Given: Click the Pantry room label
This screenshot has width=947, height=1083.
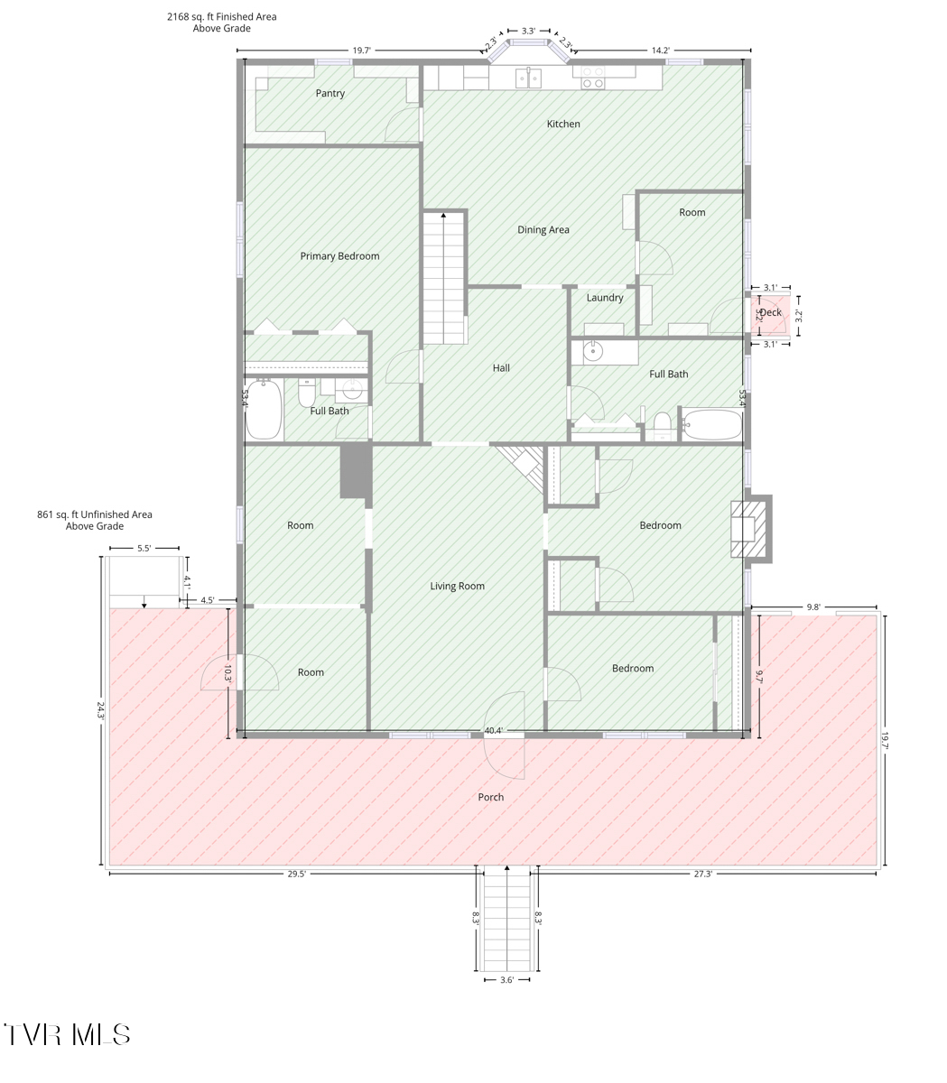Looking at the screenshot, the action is (330, 93).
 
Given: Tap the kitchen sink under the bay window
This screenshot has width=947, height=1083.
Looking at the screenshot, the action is (528, 78).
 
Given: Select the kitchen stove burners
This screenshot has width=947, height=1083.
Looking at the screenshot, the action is (593, 78).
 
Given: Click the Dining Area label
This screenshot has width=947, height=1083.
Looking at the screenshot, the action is (543, 230).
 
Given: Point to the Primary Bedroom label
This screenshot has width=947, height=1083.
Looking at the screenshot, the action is (339, 256).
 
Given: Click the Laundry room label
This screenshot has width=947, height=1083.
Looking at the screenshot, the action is (605, 298).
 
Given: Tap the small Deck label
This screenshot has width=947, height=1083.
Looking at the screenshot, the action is (771, 312).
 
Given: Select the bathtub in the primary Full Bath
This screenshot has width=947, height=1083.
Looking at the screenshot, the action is (264, 409).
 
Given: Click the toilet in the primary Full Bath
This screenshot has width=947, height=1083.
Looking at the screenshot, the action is (307, 393).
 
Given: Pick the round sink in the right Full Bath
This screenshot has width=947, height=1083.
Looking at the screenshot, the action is (593, 351).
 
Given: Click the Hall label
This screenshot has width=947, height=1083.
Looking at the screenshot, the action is (501, 368).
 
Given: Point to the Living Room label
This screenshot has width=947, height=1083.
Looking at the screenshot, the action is (457, 586).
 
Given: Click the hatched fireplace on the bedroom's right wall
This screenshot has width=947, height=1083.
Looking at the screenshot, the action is (748, 529).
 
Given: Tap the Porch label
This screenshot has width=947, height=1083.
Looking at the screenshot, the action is (491, 797).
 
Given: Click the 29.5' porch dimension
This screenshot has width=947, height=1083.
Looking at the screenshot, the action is (296, 874).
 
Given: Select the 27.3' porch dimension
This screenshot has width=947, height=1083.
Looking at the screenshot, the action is (703, 874).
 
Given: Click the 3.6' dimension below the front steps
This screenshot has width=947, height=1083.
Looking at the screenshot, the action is (506, 980).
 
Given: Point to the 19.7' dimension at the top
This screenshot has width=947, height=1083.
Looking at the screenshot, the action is (361, 51).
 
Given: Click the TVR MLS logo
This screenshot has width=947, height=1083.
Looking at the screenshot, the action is (67, 1034).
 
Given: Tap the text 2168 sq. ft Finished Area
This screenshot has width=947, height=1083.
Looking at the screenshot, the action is (222, 16).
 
